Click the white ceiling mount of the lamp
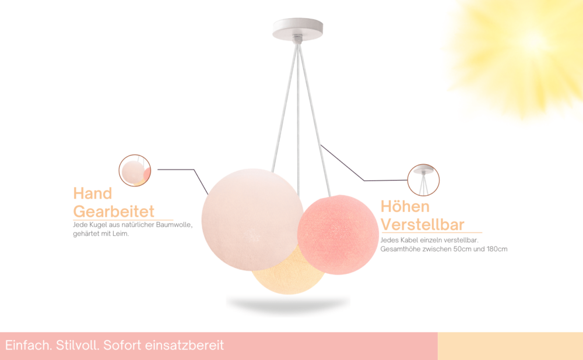[x=297, y=29]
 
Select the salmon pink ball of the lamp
[x=338, y=235]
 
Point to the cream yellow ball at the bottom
[x=288, y=275]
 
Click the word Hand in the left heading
[x=93, y=193]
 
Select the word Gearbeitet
[x=114, y=211]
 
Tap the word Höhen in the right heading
[x=405, y=206]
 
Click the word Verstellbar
[x=422, y=224]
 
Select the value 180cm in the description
[x=497, y=249]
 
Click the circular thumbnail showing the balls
[x=135, y=171]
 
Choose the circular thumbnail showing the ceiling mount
[x=423, y=180]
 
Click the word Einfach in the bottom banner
[x=29, y=345]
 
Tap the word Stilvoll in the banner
[x=78, y=345]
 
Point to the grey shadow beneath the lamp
[x=288, y=304]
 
